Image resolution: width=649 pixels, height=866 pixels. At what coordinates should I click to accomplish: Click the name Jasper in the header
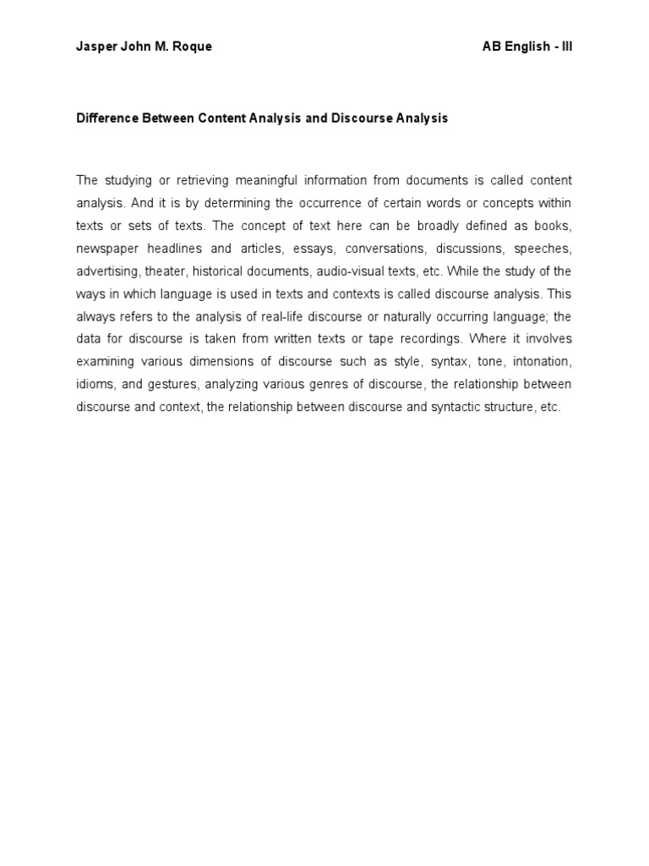pos(95,47)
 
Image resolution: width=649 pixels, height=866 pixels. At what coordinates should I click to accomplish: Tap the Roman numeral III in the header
pos(565,47)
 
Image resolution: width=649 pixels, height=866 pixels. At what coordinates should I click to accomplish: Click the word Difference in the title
pos(106,118)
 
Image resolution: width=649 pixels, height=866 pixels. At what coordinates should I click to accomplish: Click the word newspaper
pos(105,249)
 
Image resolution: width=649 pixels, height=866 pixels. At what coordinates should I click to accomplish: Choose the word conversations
pos(377,249)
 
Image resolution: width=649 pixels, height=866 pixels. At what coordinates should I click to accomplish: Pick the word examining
pos(104,362)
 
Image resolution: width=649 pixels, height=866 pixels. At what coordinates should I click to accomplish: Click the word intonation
pos(542,362)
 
